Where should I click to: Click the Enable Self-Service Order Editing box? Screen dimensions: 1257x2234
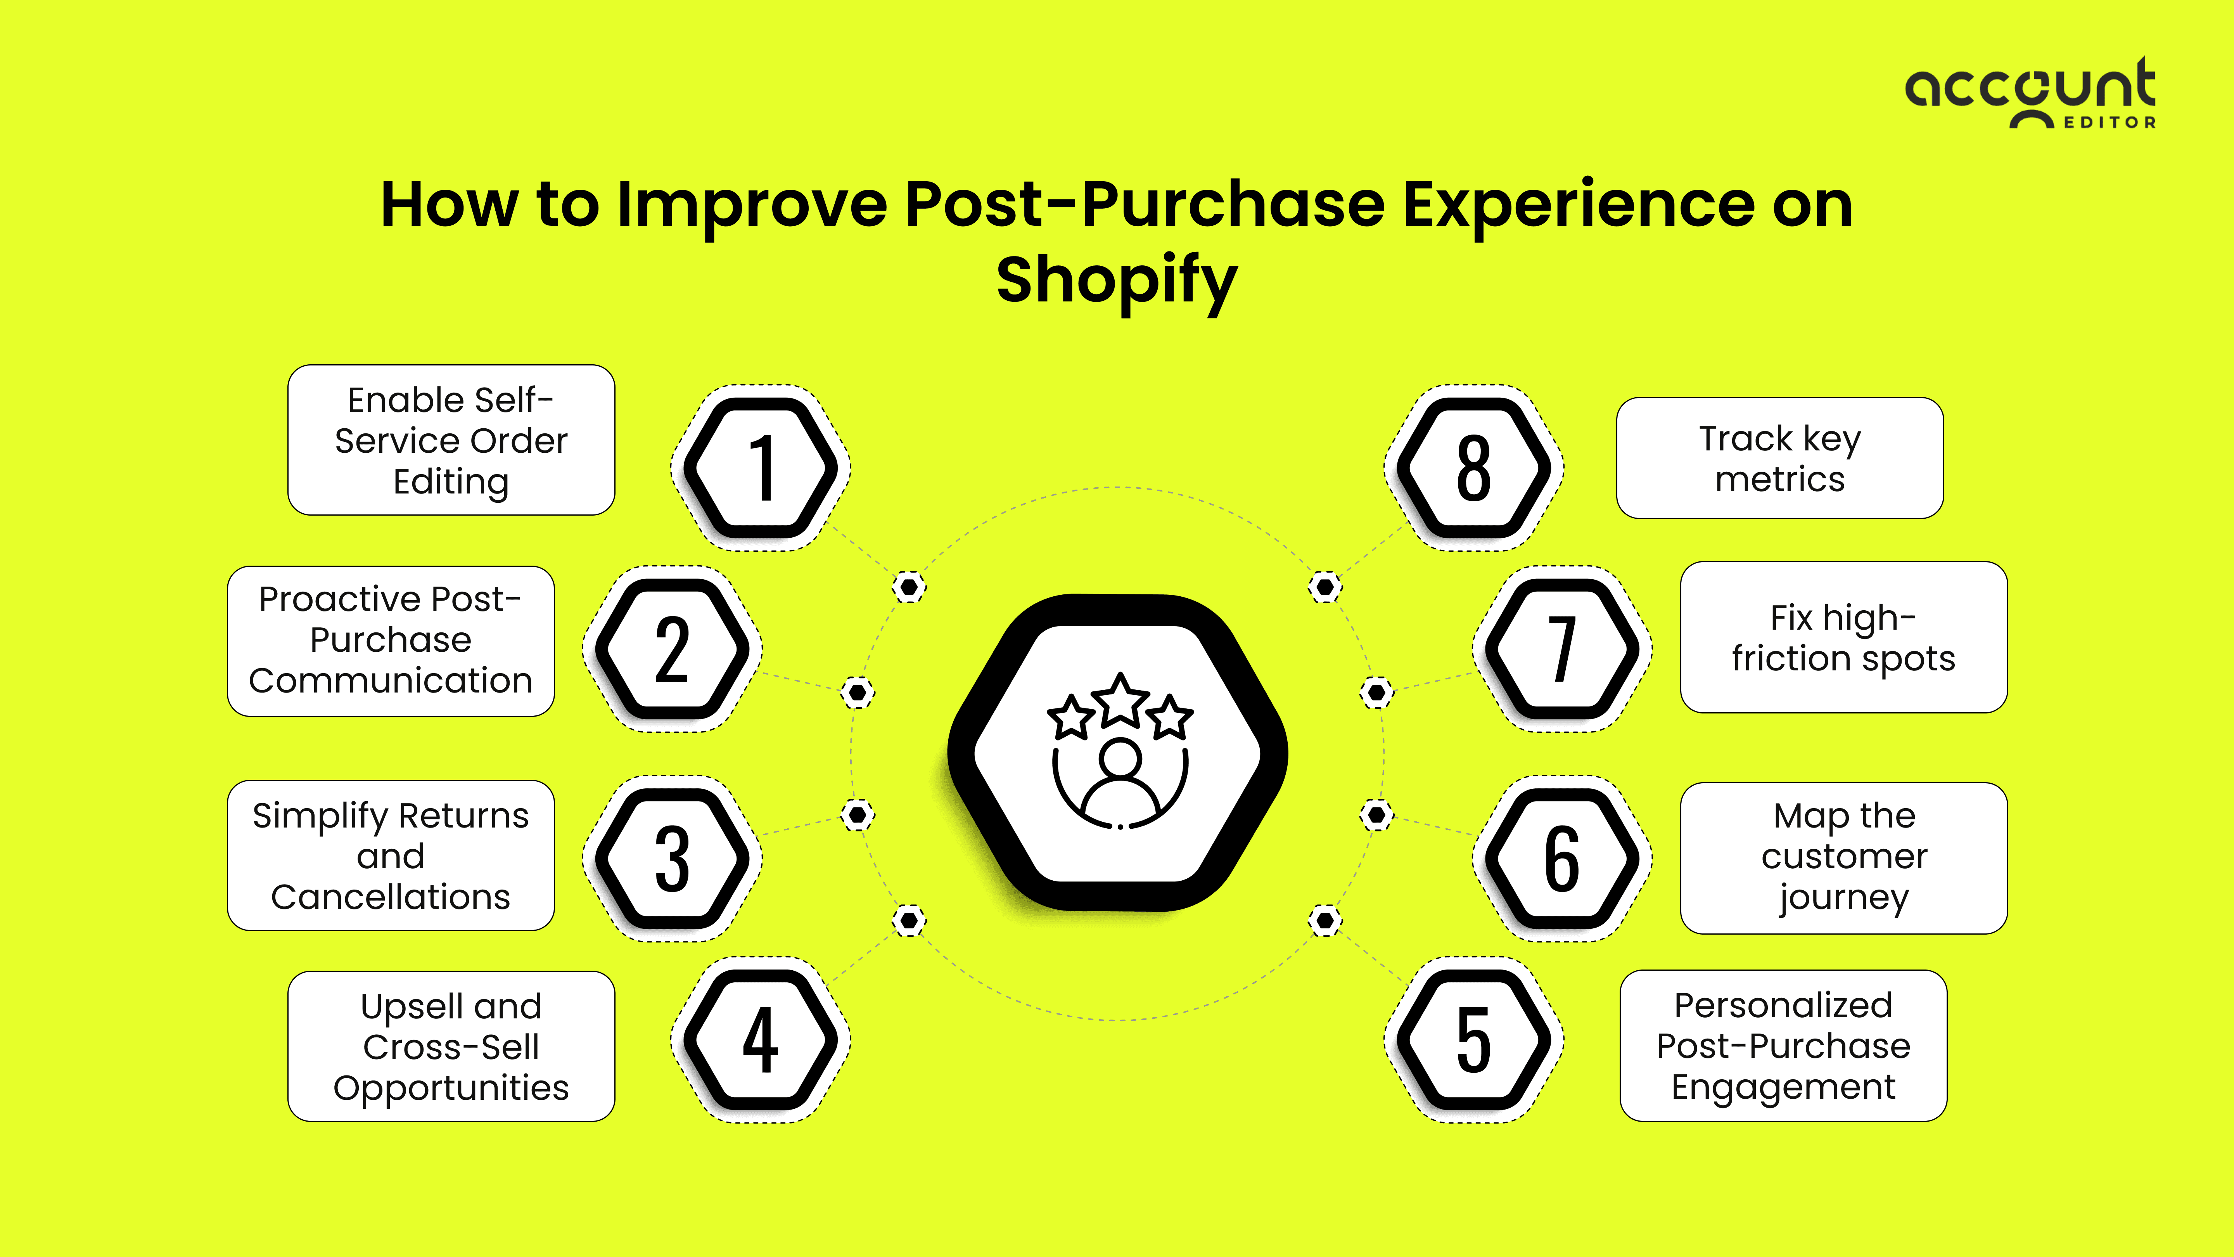tap(451, 441)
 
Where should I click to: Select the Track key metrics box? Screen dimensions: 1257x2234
tap(1779, 458)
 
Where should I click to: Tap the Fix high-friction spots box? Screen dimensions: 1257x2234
tap(1844, 637)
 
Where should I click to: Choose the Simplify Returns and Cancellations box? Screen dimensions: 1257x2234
tap(390, 856)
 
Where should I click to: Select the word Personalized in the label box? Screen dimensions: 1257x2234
tap(1783, 1006)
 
